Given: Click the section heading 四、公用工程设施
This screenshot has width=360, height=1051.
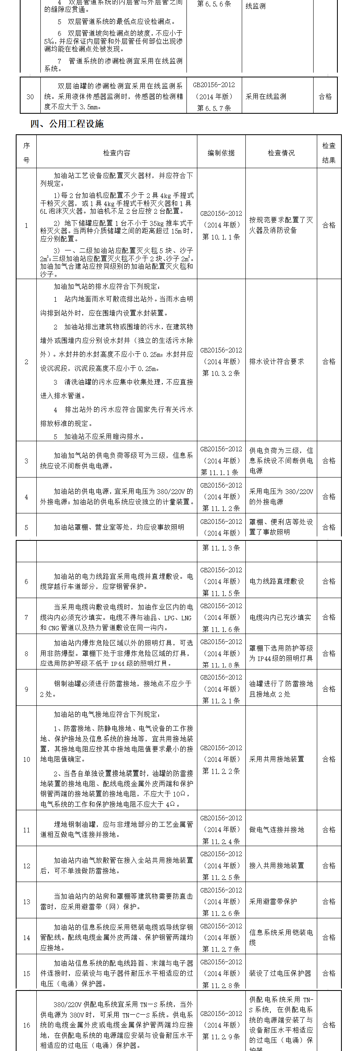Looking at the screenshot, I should [x=67, y=124].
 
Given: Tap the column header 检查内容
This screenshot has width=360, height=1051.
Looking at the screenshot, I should [x=116, y=153].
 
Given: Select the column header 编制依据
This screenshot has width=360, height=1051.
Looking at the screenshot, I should [x=221, y=153].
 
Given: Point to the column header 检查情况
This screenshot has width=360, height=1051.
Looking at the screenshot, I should [x=281, y=153].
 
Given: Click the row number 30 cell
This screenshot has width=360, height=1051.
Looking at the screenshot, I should [x=30, y=97].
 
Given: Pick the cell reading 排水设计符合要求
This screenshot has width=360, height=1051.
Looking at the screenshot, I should [x=277, y=361].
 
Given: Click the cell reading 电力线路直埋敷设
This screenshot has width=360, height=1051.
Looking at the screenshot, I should [x=277, y=582].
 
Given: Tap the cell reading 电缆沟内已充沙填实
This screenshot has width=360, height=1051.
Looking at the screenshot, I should [x=280, y=618].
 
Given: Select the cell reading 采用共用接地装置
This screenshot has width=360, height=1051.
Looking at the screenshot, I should [x=277, y=759].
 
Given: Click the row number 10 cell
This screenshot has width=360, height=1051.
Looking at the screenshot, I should [x=27, y=760].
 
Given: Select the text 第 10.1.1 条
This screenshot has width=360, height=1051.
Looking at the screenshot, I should [x=221, y=237].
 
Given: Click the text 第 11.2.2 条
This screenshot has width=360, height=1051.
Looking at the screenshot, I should [x=221, y=771].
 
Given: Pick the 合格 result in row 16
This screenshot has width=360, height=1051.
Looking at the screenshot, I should [x=329, y=1025].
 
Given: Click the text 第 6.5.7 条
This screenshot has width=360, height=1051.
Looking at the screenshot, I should [x=214, y=108].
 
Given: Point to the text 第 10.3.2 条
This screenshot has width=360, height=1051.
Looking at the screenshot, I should [x=221, y=373].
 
